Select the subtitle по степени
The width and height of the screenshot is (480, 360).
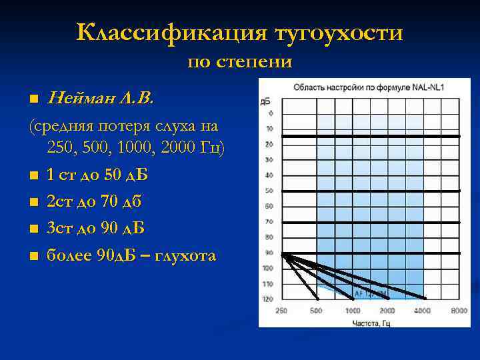pos(240,62)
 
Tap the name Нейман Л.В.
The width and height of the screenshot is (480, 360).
pos(100,99)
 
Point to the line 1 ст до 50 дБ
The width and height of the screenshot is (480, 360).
pos(97,175)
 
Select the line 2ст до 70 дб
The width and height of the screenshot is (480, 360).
pos(94,201)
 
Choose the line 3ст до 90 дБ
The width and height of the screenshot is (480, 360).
pos(95,228)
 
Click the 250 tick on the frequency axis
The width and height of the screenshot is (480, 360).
pos(281,311)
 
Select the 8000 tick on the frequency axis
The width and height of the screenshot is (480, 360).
pos(459,311)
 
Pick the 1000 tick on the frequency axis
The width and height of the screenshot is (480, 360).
pos(352,311)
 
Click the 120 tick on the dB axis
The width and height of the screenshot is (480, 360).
pos(268,299)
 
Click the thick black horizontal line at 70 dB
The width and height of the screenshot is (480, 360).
pos(371,222)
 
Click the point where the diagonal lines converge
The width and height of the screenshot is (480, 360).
pos(283,253)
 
